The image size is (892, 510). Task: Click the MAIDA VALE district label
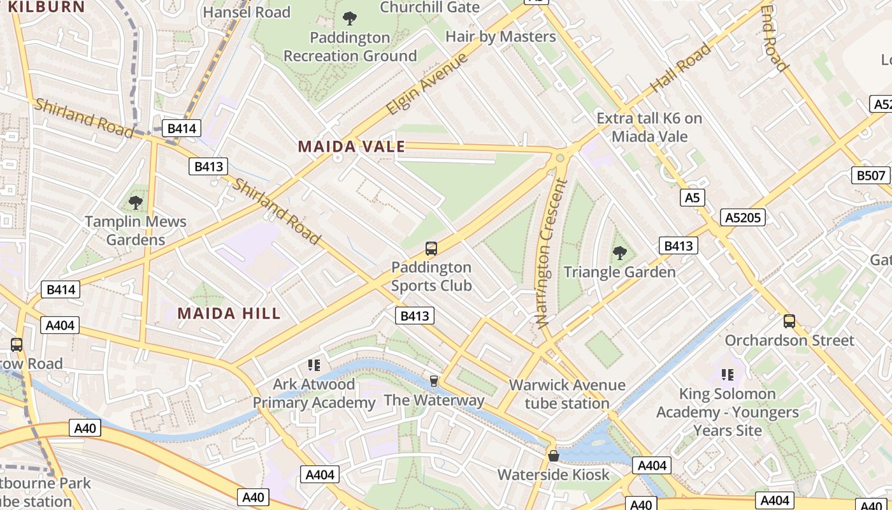(352, 147)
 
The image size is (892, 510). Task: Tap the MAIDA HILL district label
(229, 313)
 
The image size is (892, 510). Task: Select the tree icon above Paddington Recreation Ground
(349, 18)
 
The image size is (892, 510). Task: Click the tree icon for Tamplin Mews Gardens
(135, 203)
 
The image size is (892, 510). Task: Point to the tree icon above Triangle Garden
(619, 253)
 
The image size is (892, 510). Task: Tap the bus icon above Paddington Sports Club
(431, 248)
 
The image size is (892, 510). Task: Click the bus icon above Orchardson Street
(789, 321)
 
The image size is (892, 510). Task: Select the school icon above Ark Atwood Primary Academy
(313, 365)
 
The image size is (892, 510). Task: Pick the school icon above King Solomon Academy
(727, 375)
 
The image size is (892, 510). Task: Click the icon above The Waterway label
(434, 381)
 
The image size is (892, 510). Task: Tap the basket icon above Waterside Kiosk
(554, 456)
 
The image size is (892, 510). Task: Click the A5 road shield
(692, 198)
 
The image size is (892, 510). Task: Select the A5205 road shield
(744, 217)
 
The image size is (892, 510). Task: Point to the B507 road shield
(870, 175)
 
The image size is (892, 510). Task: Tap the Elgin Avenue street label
(428, 84)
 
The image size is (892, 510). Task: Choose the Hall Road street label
(680, 67)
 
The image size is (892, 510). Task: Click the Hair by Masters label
(500, 36)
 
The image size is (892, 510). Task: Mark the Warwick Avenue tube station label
(567, 394)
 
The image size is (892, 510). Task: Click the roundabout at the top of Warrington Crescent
(560, 157)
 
